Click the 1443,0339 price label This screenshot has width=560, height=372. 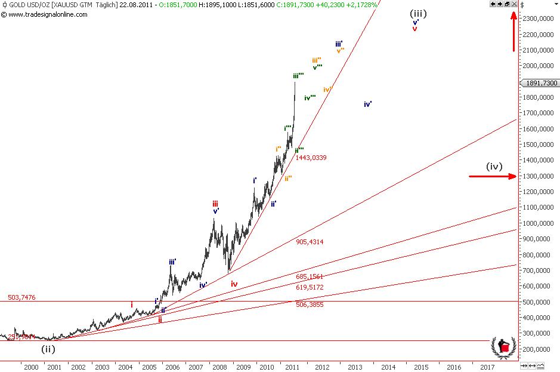tap(311, 158)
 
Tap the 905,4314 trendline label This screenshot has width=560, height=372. tap(310, 242)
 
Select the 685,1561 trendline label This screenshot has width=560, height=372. tap(310, 277)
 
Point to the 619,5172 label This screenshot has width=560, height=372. tap(310, 287)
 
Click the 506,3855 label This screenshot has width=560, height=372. tap(310, 305)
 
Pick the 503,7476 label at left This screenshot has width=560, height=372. tap(22, 297)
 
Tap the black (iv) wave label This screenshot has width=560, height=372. tap(494, 167)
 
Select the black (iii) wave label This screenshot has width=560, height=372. tap(418, 13)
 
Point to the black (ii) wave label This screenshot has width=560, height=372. tap(48, 349)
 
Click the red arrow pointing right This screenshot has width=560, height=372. tap(493, 176)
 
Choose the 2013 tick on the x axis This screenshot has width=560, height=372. tap(355, 367)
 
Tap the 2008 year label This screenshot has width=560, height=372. tap(219, 367)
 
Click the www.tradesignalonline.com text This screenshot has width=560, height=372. tap(47, 14)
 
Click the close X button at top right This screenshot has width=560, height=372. tap(514, 4)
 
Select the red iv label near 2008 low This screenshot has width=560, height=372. tap(234, 284)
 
